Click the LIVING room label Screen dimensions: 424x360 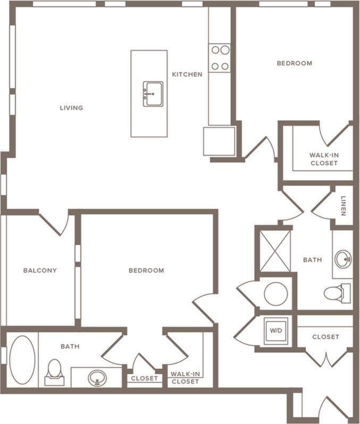71,108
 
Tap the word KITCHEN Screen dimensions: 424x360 187,74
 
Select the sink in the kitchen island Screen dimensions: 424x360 153,94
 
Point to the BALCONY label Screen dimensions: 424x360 40,270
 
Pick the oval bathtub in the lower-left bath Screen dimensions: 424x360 22,360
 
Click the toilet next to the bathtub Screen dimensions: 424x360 54,372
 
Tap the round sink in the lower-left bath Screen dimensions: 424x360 97,378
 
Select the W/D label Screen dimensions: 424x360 276,330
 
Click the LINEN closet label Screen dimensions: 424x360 344,207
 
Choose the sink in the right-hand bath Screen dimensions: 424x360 343,260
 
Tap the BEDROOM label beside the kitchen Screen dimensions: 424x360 294,63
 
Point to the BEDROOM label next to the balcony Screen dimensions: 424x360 146,270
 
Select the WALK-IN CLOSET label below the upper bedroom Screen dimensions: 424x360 324,159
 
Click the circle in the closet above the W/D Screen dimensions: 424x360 275,294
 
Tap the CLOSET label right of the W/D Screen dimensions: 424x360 325,337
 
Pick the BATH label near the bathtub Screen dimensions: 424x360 70,346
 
